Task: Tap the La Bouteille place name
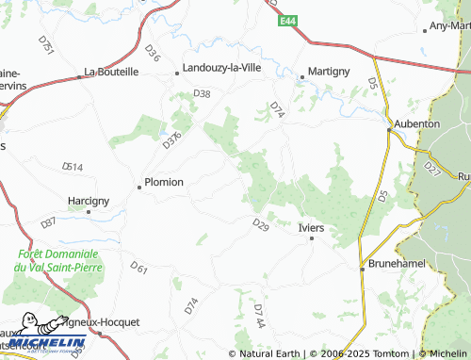tap(111, 71)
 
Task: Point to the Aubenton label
tap(416, 123)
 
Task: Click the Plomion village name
tap(163, 183)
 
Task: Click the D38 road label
tap(202, 93)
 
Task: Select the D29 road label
tap(261, 223)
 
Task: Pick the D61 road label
tap(139, 270)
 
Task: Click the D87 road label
tap(48, 223)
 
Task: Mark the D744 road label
tap(259, 316)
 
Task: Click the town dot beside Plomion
tap(139, 187)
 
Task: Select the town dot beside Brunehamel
tap(363, 269)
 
